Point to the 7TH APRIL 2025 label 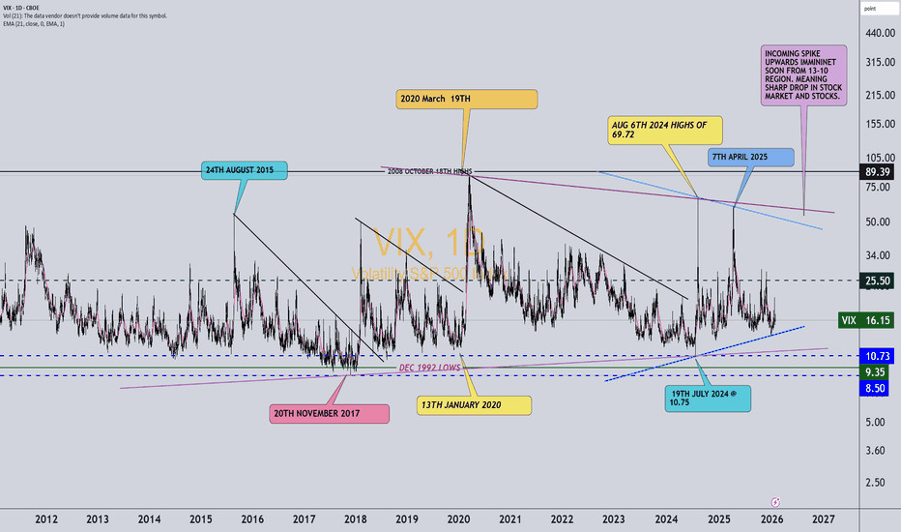click(751, 158)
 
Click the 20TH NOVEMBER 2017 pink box click(329, 413)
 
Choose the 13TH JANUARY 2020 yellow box click(474, 405)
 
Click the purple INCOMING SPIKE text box click(803, 75)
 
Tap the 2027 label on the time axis click(825, 518)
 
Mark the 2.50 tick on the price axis click(875, 483)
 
